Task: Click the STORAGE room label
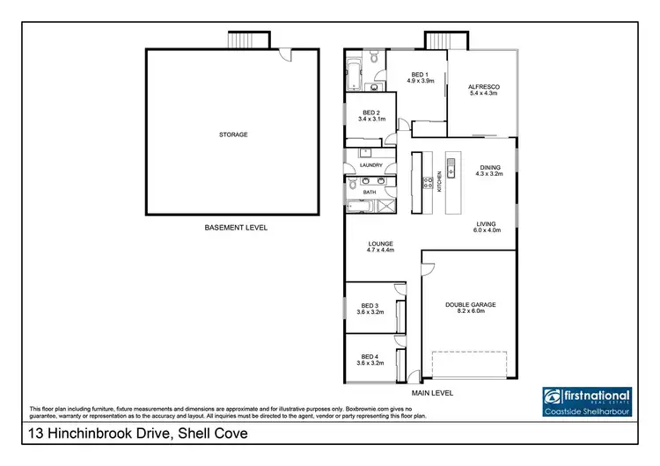click(x=233, y=135)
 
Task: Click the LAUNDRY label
click(x=370, y=164)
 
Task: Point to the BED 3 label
click(x=370, y=309)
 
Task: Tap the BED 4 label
click(x=370, y=359)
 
